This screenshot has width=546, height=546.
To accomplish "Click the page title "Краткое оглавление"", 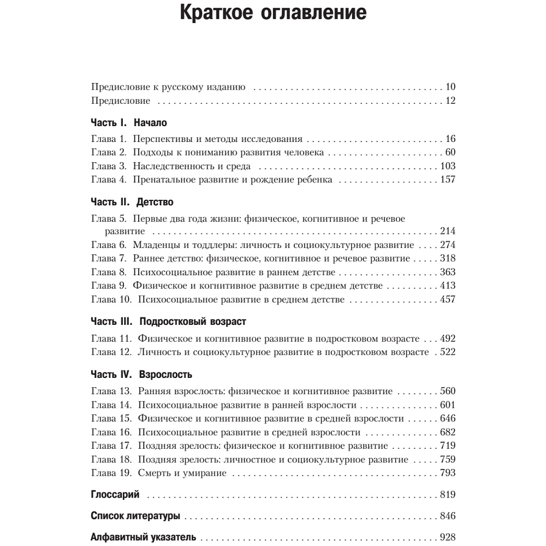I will (x=273, y=13).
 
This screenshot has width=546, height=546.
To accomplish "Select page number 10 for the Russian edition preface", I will (x=450, y=87).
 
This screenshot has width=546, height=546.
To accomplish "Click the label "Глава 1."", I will (x=109, y=139).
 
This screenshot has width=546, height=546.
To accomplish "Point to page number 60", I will (x=450, y=152).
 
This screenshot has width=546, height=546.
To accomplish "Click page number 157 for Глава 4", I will (x=447, y=180).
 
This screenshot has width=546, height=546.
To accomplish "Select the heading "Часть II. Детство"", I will (x=132, y=203).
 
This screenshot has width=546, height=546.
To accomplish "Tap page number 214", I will (x=447, y=232).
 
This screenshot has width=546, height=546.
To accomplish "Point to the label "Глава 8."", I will (x=109, y=272).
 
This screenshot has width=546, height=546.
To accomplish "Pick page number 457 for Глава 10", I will (x=447, y=299).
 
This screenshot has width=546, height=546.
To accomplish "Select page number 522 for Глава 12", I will (x=447, y=352).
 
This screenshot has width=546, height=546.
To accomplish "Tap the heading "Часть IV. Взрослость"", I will (x=141, y=375).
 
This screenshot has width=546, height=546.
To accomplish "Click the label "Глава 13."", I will (x=111, y=391).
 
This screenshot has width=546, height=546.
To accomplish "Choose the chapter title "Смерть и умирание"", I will (x=182, y=473).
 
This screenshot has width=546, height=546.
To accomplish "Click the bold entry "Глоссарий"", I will (x=115, y=495).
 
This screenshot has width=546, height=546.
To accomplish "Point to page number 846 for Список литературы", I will (x=447, y=516).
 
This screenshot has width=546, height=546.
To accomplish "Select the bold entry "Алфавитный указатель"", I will (x=143, y=537).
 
